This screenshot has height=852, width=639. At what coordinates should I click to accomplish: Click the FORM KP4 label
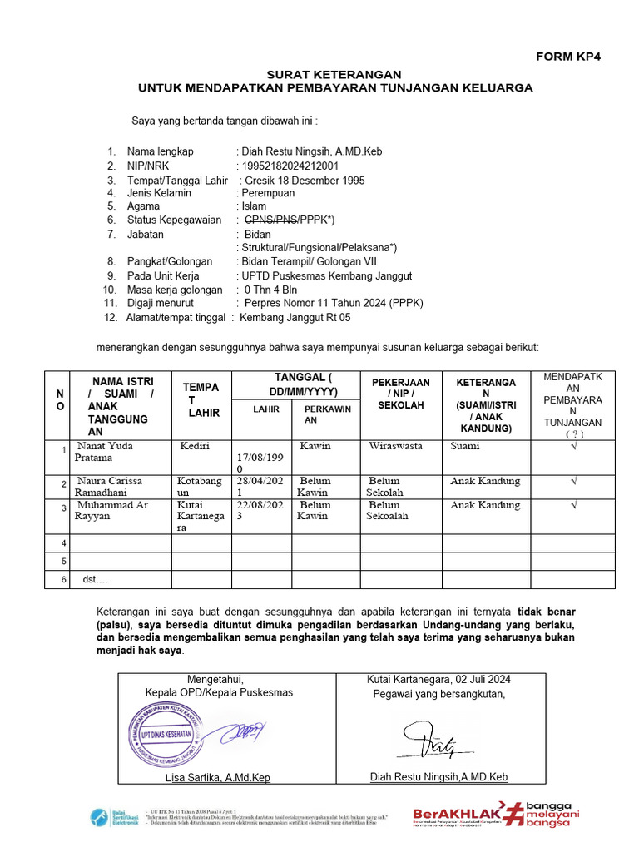567,57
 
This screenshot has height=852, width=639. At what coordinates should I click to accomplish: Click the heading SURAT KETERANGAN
333,75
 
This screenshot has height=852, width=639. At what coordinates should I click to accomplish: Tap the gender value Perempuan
267,193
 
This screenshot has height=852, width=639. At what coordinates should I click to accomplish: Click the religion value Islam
254,206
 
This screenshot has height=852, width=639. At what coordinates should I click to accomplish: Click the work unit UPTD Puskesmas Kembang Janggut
326,275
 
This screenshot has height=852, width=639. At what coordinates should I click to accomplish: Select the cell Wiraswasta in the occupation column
395,446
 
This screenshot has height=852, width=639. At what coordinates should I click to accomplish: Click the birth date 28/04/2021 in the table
261,487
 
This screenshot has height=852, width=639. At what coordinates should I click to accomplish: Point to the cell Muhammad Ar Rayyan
108,511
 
